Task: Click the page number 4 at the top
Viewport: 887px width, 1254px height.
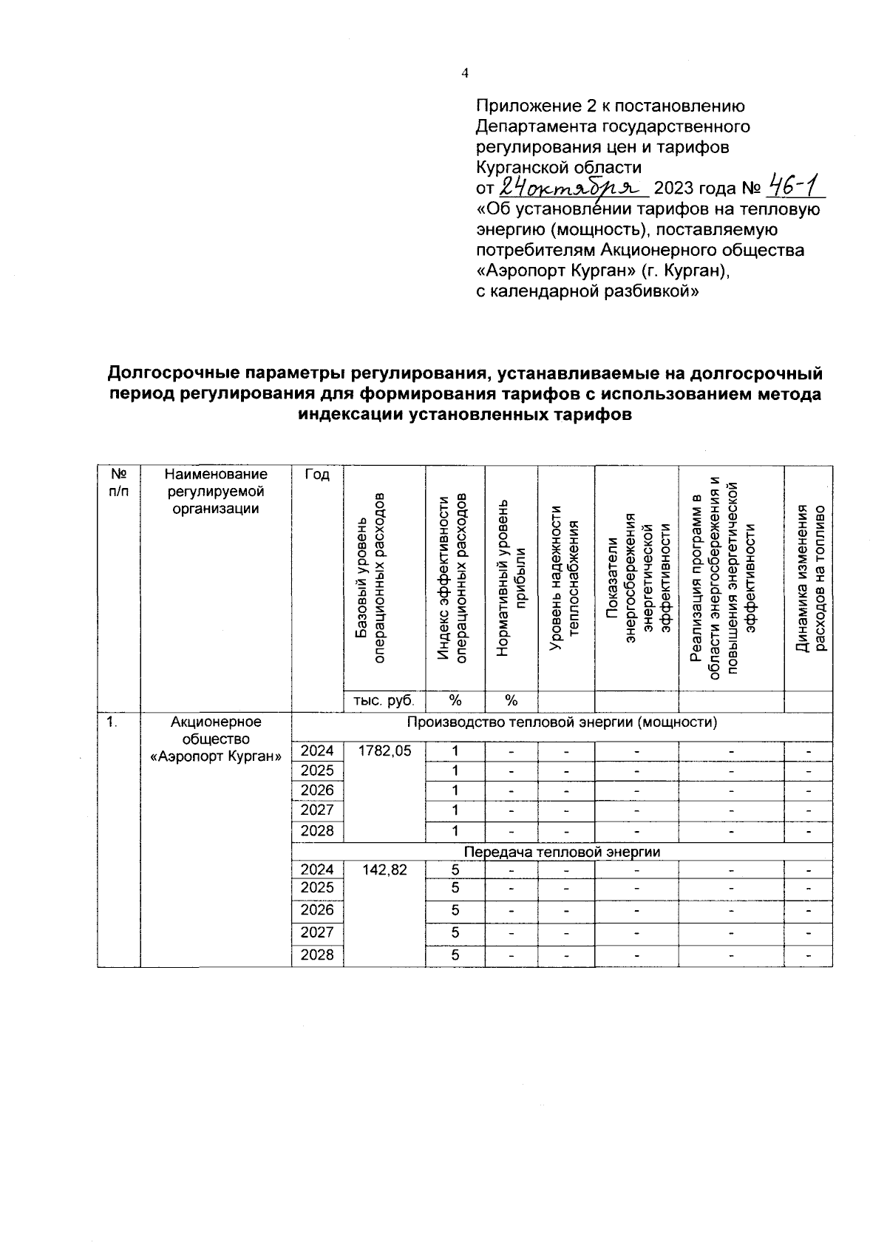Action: pos(465,72)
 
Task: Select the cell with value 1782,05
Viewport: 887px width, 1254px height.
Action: pos(384,750)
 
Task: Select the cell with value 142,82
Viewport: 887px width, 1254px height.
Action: pos(384,870)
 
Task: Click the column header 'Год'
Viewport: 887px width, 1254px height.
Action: pos(317,475)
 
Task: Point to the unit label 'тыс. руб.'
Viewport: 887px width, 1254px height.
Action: pos(384,700)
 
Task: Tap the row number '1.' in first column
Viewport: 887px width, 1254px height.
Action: pos(111,722)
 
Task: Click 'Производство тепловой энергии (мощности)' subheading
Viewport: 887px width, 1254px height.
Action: pos(562,722)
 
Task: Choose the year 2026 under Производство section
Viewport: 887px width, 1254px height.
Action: pos(317,790)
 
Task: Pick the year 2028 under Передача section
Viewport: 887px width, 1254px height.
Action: pos(317,955)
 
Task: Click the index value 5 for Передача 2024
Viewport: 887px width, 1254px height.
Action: pos(455,870)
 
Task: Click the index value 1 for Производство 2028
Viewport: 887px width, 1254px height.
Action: pos(455,830)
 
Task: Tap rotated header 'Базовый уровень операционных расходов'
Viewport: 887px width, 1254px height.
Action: pos(370,577)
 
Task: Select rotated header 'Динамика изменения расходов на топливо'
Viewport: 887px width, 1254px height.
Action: pos(808,577)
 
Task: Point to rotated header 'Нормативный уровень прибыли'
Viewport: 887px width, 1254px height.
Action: pos(511,577)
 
